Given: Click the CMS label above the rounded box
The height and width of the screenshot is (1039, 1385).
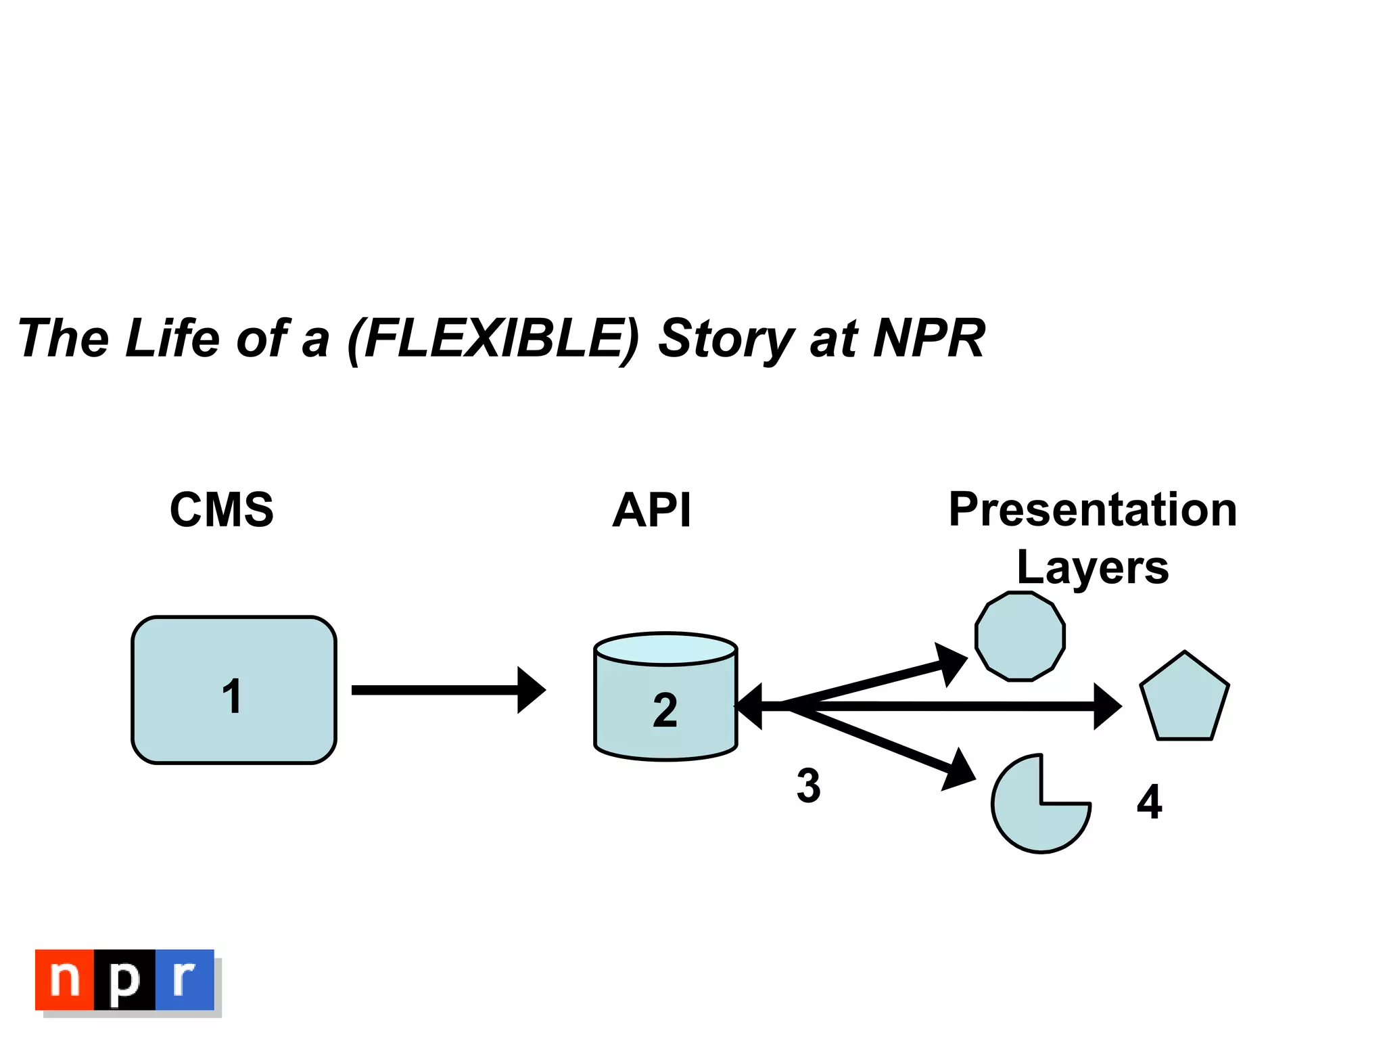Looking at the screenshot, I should tap(222, 510).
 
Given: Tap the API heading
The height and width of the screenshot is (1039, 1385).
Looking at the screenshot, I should tap(652, 510).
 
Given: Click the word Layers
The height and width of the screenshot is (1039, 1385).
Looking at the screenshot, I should tap(1093, 567).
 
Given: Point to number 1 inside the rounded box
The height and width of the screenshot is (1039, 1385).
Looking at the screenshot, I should tap(232, 696).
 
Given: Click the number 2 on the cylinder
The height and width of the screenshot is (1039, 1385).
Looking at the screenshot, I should tap(665, 710).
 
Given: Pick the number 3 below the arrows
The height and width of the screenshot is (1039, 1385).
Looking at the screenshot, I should tap(808, 786).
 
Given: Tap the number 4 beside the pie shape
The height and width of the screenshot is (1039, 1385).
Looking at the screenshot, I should tap(1150, 802).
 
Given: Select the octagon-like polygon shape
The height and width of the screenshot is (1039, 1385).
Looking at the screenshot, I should tap(1020, 636).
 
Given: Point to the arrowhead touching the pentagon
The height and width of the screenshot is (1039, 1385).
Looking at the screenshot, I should tap(1107, 706).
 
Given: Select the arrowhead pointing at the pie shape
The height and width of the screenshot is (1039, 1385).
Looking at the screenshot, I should tap(959, 771).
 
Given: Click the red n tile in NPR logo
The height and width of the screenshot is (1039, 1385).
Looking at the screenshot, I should tap(65, 979).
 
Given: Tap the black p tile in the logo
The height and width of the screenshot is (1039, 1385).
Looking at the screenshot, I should tap(124, 979).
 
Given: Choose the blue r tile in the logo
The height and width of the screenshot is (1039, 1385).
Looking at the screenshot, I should tap(185, 979).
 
